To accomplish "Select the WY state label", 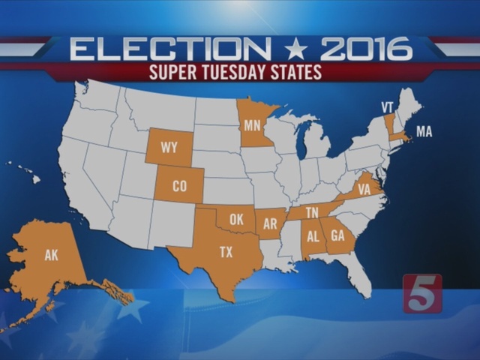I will [x=169, y=148].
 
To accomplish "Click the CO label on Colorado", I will [x=180, y=186].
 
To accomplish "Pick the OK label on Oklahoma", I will [x=237, y=220].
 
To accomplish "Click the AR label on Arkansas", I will [x=271, y=223].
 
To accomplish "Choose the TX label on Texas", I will [x=226, y=253].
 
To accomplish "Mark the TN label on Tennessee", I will [x=312, y=213].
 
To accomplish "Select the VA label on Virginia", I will [x=364, y=190].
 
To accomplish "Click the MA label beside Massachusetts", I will [x=424, y=132].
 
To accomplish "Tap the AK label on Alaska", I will [x=51, y=256].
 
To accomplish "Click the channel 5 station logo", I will [x=422, y=293].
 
